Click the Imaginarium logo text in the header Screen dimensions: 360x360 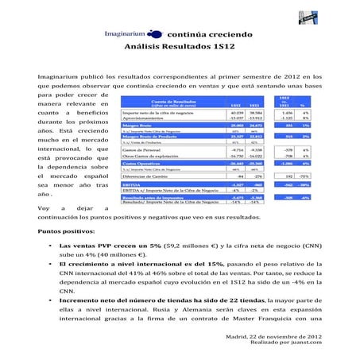pos(133,34)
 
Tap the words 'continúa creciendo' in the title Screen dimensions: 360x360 pos(210,35)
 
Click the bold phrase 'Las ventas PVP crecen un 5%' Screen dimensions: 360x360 pos(108,247)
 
